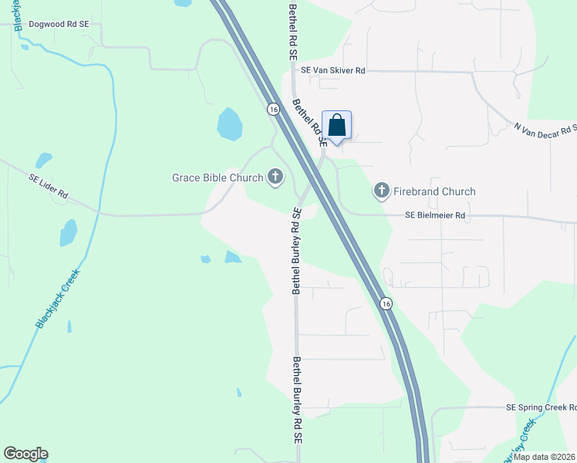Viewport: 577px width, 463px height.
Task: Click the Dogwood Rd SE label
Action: click(x=59, y=24)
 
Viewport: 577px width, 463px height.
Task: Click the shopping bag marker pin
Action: click(x=336, y=125)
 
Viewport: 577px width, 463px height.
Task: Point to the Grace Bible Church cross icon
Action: click(x=275, y=177)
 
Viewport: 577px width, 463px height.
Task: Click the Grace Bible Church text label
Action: click(x=218, y=177)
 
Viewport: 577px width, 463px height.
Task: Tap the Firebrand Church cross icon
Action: click(x=381, y=191)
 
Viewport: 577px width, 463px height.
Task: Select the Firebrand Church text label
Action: click(x=435, y=191)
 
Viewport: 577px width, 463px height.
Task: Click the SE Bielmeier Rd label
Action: click(x=437, y=215)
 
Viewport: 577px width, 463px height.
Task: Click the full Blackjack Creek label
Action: click(x=58, y=299)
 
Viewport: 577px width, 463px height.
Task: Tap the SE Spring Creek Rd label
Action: click(x=541, y=407)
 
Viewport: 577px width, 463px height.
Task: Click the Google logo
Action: click(x=25, y=454)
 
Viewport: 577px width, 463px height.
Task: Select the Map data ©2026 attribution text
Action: click(x=545, y=457)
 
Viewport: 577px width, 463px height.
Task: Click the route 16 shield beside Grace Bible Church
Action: click(x=273, y=110)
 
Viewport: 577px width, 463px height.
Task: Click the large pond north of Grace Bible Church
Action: click(x=229, y=123)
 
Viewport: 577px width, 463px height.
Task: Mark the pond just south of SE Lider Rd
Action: click(x=69, y=232)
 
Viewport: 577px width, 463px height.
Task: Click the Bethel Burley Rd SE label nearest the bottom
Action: click(x=295, y=399)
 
